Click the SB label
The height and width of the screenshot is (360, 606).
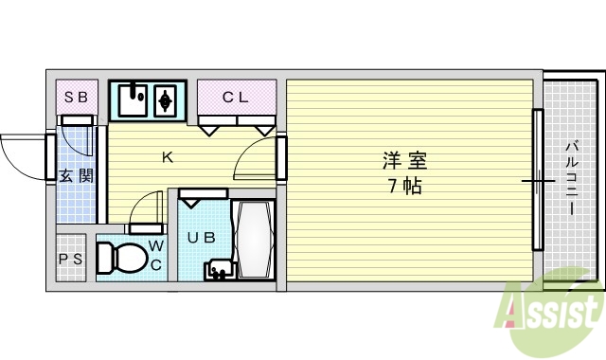click(77, 97)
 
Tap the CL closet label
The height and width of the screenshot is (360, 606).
click(236, 96)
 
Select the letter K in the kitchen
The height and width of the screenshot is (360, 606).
click(167, 158)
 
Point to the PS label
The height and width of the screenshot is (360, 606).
click(71, 259)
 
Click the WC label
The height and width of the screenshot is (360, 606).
click(156, 257)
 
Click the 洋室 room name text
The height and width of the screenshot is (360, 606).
click(403, 160)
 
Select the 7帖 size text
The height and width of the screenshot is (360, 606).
click(403, 186)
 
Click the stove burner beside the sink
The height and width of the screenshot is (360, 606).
click(167, 99)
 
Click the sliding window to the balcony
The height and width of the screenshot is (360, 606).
click(538, 179)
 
